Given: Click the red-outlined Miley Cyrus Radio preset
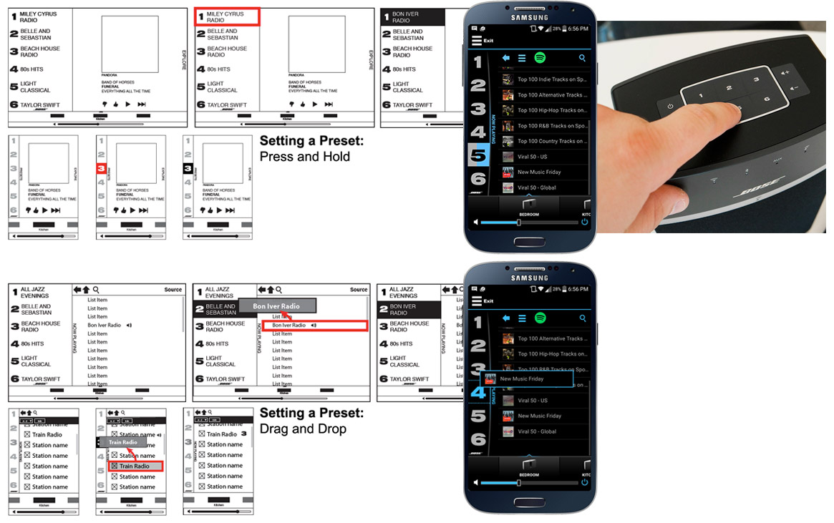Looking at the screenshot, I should coord(227,17).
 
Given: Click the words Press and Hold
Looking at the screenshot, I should coord(304,157).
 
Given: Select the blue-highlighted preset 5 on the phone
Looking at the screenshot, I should coord(477,155).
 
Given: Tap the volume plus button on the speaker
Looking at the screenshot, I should coord(785,72).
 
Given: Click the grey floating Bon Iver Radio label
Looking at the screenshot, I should coord(276,306).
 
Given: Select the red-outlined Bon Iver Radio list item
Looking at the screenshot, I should coord(314,326).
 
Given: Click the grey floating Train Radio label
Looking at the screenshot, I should coord(122,442).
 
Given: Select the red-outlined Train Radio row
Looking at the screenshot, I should coord(135,466).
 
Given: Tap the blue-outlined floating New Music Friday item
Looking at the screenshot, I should coord(528,379).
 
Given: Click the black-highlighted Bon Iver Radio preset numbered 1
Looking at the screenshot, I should coord(412,17).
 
